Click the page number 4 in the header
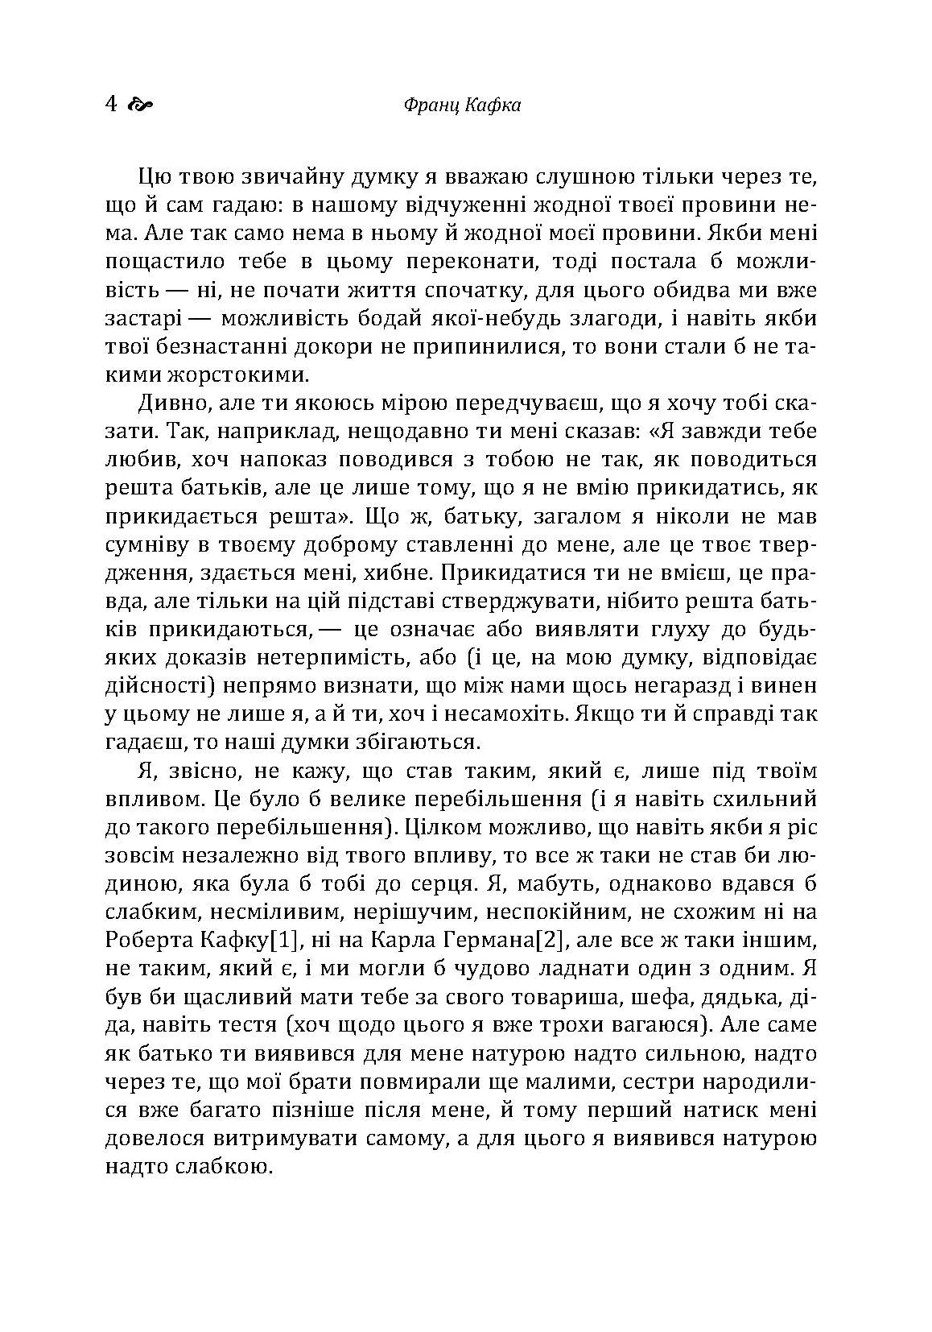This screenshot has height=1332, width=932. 111,105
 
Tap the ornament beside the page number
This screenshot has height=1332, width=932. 139,105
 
